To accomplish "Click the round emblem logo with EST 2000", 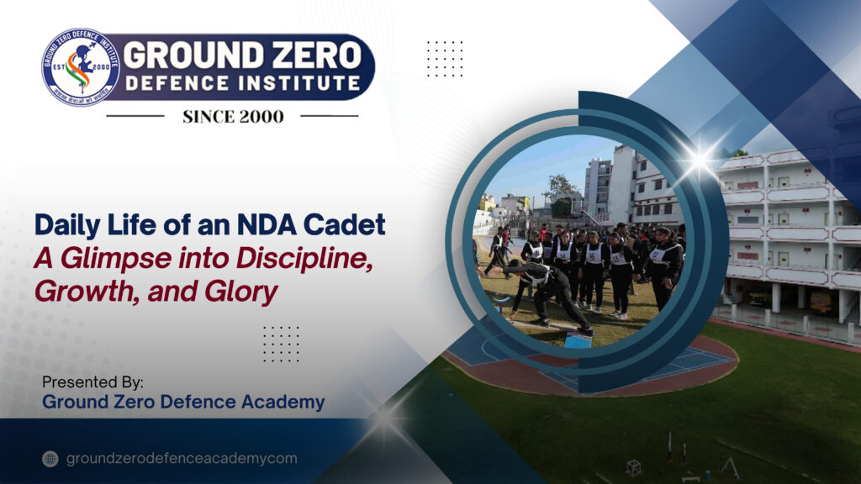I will pyautogui.click(x=80, y=67).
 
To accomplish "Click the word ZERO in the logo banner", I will pyautogui.click(x=307, y=55).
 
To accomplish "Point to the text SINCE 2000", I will pyautogui.click(x=233, y=117).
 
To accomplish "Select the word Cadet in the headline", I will pyautogui.click(x=349, y=225).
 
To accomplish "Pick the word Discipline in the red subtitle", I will pyautogui.click(x=317, y=259).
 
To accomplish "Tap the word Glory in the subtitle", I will pyautogui.click(x=245, y=293).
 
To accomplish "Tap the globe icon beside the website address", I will pyautogui.click(x=51, y=459).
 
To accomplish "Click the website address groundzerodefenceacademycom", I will pyautogui.click(x=181, y=459).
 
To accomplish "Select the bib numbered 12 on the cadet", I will pyautogui.click(x=657, y=255).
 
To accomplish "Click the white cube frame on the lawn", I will pyautogui.click(x=633, y=466).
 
